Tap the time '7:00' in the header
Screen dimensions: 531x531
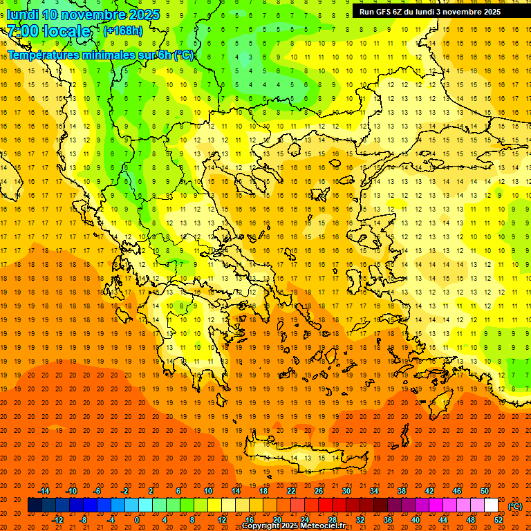pyautogui.click(x=22, y=31)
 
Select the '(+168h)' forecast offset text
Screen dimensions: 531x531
pyautogui.click(x=122, y=30)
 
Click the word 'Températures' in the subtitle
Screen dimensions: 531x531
pyautogui.click(x=43, y=55)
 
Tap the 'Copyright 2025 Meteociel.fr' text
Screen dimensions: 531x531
pyautogui.click(x=293, y=526)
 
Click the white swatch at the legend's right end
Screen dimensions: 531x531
pyautogui.click(x=491, y=505)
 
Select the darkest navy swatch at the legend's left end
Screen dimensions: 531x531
pyautogui.click(x=35, y=505)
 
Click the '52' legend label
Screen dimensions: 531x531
pyautogui.click(x=499, y=520)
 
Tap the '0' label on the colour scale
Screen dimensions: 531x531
pyautogui.click(x=136, y=520)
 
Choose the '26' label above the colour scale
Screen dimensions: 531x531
pyautogui.click(x=319, y=491)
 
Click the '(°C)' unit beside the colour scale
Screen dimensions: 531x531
pyautogui.click(x=515, y=506)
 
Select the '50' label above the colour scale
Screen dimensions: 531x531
pyautogui.click(x=485, y=491)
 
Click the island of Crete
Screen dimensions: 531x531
pyautogui.click(x=304, y=456)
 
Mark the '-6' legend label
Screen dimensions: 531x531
pyautogui.click(x=97, y=491)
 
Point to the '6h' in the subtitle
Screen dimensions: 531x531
pyautogui.click(x=166, y=55)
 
